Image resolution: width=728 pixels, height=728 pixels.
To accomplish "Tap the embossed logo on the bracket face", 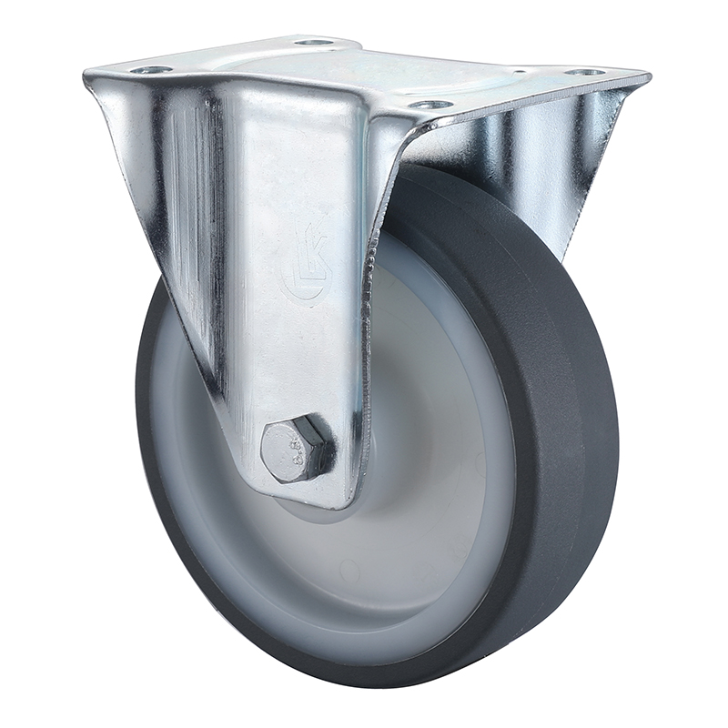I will click(308, 265).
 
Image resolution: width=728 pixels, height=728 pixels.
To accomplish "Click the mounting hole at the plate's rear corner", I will click(314, 41).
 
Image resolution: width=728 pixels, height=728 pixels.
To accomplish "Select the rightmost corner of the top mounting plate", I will click(648, 76).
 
